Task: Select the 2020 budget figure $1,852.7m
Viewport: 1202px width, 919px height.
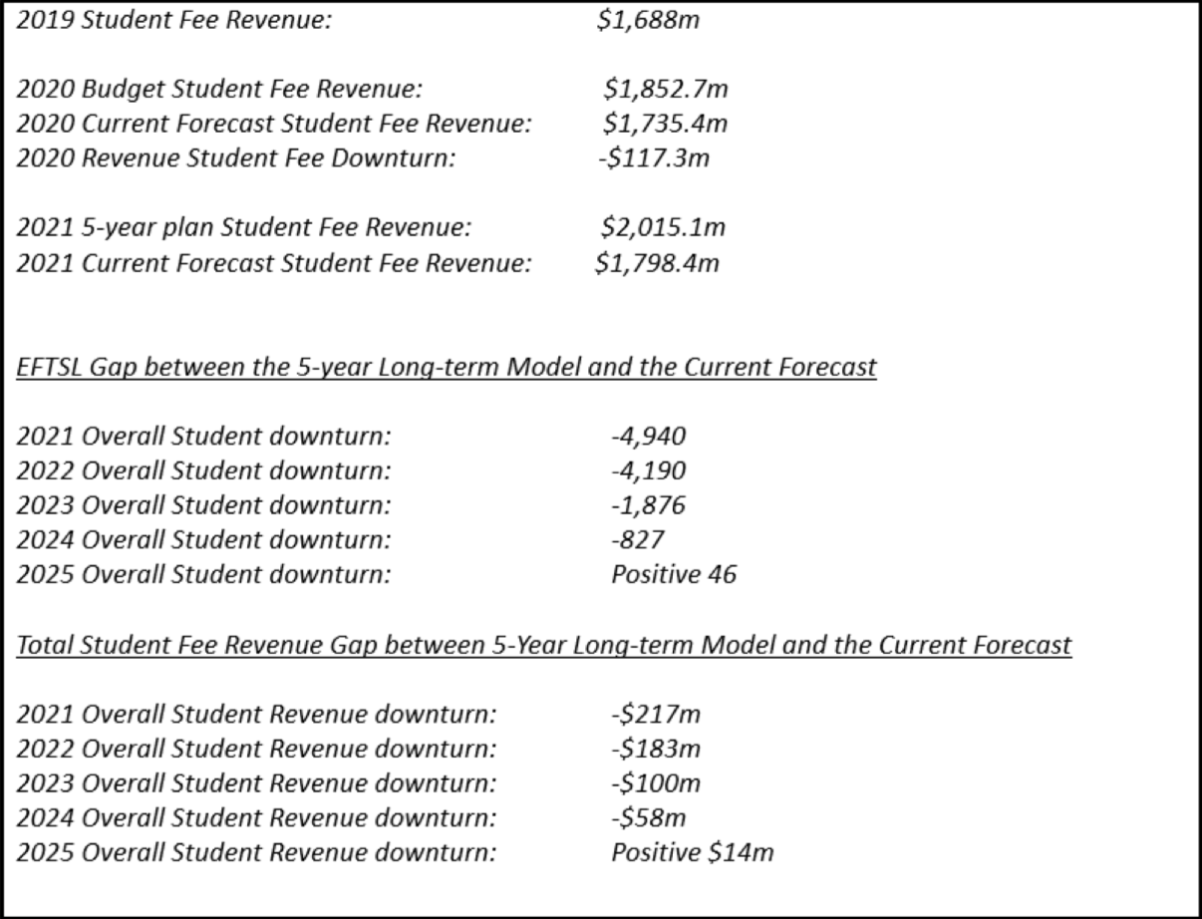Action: point(665,90)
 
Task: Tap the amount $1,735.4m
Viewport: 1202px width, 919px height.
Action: point(665,124)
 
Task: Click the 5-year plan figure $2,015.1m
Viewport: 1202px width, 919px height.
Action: point(662,227)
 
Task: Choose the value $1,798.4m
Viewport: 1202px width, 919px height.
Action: point(656,262)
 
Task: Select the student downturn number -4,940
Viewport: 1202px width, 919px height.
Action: point(648,437)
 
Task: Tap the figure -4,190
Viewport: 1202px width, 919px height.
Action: point(648,470)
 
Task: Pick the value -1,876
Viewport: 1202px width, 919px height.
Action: point(648,505)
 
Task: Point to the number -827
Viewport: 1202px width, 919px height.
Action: point(636,540)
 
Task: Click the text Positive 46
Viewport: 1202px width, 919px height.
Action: point(674,575)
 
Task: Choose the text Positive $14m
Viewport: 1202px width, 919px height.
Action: point(693,853)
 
